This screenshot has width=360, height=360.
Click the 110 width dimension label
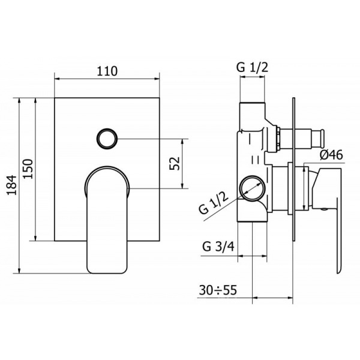[107, 71]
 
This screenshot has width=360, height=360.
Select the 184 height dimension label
[11, 185]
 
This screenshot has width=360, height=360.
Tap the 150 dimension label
[28, 169]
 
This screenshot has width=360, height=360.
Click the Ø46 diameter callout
[331, 155]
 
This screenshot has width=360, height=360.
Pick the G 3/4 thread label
[218, 247]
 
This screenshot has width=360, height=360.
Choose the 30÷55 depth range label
[218, 290]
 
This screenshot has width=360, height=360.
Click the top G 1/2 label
[252, 67]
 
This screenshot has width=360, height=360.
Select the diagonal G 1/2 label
[214, 203]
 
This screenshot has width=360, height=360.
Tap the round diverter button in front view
[107, 139]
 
